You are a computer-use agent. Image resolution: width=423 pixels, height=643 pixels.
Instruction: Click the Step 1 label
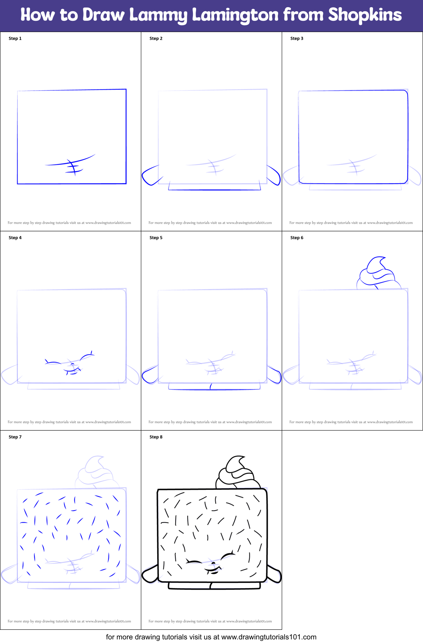tap(15, 38)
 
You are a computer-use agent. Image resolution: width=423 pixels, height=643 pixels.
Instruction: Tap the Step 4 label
tap(15, 238)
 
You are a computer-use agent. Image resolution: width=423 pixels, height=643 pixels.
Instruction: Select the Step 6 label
tap(297, 238)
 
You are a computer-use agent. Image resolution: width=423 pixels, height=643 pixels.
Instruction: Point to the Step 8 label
tap(156, 437)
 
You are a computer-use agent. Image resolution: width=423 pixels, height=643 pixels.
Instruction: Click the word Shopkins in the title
tap(365, 15)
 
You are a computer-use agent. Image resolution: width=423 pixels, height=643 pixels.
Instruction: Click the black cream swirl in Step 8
tap(236, 473)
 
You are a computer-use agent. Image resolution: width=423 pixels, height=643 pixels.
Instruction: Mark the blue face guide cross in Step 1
tap(72, 166)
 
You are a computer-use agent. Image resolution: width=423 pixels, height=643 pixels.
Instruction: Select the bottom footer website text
tap(211, 637)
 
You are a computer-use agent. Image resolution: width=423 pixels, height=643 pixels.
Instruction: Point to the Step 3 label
tap(297, 38)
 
